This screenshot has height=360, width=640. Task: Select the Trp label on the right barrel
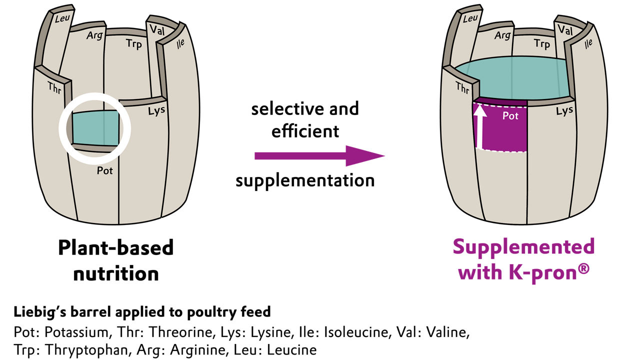[541, 44]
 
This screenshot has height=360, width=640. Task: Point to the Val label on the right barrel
[565, 30]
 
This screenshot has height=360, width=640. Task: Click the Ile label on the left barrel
[180, 44]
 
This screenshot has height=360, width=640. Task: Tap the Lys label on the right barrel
[564, 110]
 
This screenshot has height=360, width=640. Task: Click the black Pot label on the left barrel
[105, 170]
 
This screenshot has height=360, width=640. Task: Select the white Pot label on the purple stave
[510, 116]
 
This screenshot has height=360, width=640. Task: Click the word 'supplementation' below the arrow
[305, 180]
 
